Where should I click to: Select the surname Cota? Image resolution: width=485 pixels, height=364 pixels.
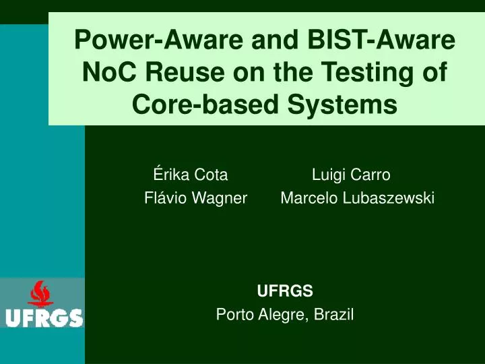(x=210, y=175)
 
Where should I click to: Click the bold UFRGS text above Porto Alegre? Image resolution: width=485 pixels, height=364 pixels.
(x=285, y=291)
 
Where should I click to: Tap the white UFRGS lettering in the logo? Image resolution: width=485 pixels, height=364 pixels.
(x=44, y=317)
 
